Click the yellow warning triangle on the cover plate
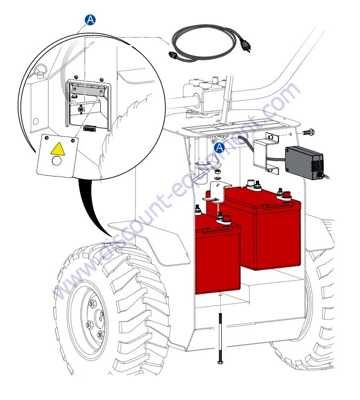pos(58,149)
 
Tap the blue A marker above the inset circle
pos(90,20)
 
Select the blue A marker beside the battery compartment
pos(219,148)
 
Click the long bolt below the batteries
pos(220,339)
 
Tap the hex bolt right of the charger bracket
pos(309,132)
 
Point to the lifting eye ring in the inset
pos(40,70)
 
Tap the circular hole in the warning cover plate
pos(57,161)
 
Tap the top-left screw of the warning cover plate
pos(46,138)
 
